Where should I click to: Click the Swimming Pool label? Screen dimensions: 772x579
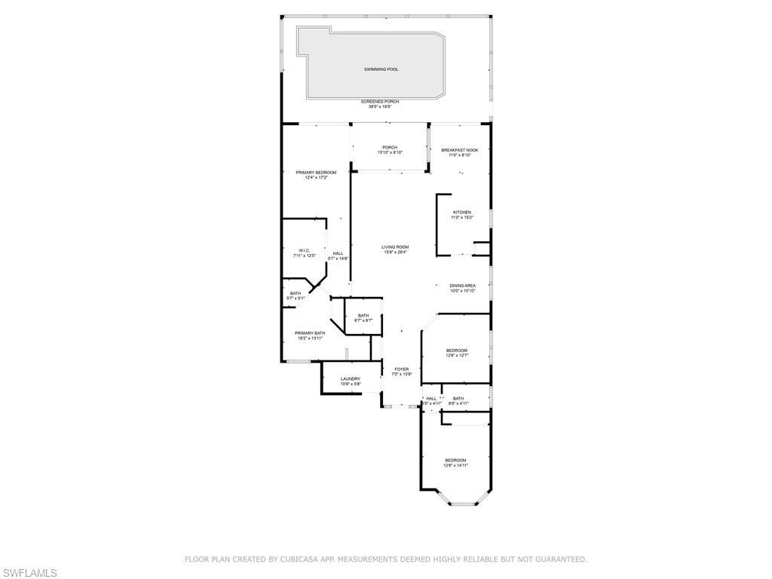381,69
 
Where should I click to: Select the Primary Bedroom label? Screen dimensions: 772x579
316,173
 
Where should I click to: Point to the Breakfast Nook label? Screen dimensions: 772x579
459,150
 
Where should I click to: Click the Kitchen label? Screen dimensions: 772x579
461,213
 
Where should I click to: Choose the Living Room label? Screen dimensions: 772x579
394,247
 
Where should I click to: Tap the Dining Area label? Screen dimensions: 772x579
462,286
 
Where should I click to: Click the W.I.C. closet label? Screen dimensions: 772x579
304,250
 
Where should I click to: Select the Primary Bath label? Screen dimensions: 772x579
310,333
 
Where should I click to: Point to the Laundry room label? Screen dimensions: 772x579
350,379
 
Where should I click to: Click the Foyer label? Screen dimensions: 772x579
401,369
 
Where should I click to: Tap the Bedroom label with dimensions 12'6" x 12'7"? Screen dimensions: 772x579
456,351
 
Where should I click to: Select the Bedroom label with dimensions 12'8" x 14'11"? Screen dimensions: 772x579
455,461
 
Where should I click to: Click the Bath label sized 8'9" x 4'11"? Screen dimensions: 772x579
458,399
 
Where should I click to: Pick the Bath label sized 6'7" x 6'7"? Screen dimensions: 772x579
363,316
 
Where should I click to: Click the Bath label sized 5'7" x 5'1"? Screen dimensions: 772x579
295,293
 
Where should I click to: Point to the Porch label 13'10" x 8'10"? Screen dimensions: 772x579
389,148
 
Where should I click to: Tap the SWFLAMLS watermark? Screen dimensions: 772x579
29,573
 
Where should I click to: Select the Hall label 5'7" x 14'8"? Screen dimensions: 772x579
338,253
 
